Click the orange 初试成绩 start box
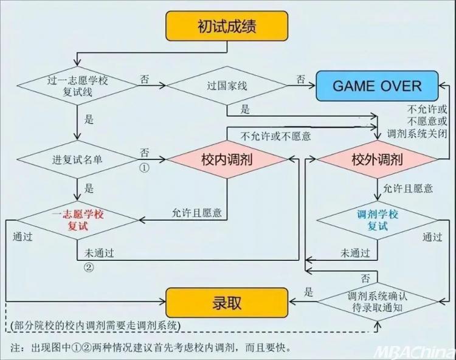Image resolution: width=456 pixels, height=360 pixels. point(227,26)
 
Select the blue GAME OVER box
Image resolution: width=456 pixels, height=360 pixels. point(377,86)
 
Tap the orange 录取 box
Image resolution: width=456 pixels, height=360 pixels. point(227,303)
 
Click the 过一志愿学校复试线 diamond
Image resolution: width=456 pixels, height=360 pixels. point(77,86)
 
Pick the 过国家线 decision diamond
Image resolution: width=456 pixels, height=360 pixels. point(227,86)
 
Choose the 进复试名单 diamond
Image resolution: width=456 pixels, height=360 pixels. point(77,159)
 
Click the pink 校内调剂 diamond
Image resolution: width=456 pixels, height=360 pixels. point(227,159)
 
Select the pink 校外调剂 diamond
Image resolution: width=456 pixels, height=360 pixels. point(377,159)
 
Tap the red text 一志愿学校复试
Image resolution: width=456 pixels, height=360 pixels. point(78,220)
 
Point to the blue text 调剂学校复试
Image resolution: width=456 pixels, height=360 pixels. point(378,220)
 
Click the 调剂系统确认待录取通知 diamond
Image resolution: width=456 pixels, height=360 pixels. point(377,302)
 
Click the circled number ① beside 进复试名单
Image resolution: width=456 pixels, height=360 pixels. point(145,168)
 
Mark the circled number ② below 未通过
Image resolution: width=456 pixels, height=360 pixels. point(89,267)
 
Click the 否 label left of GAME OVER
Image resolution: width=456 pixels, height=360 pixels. point(301,79)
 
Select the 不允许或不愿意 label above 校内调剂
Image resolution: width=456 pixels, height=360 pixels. point(275,136)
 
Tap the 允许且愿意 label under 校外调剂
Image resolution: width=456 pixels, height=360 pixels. point(408,189)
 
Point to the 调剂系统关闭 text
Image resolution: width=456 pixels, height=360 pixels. point(416,134)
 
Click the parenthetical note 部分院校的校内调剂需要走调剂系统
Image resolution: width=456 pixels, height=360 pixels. point(95,325)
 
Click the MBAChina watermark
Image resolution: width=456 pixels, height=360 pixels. point(414,353)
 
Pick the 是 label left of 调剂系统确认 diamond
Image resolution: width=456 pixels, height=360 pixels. point(308,292)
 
